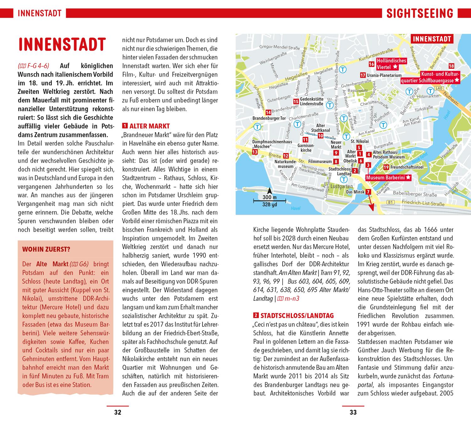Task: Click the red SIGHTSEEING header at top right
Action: [420, 14]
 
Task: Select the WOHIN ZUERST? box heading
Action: [46, 250]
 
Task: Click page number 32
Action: [117, 412]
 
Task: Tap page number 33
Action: [353, 412]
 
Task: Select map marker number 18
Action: [451, 66]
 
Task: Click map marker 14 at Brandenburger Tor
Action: [268, 112]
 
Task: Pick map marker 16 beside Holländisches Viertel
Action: [371, 64]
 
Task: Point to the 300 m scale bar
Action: [269, 200]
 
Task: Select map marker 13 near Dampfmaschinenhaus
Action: [255, 152]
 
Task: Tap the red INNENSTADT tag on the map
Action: [431, 39]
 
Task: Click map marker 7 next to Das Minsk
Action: [368, 192]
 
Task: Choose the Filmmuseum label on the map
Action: [320, 161]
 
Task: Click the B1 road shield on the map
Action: [390, 203]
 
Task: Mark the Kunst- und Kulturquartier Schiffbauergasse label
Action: [430, 78]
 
